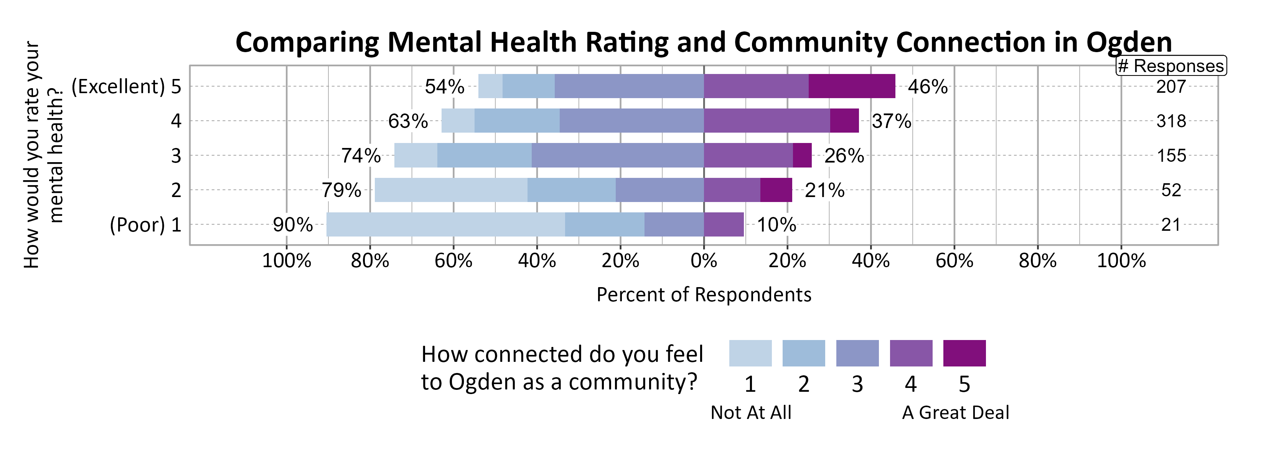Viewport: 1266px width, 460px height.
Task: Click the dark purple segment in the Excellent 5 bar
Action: pyautogui.click(x=851, y=86)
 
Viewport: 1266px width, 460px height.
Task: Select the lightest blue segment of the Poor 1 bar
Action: pyautogui.click(x=445, y=224)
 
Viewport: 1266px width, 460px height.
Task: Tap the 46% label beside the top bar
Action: pyautogui.click(x=927, y=87)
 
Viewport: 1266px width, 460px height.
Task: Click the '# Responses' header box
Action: pyautogui.click(x=1170, y=66)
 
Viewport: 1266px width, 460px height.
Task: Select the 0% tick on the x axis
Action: pyautogui.click(x=703, y=261)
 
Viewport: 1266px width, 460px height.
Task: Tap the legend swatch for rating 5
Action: pyautogui.click(x=964, y=353)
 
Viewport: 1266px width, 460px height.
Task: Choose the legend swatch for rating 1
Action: pyautogui.click(x=750, y=353)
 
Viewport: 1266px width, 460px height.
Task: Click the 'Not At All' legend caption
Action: pyautogui.click(x=750, y=412)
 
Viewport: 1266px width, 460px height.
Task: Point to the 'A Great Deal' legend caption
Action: pyautogui.click(x=955, y=412)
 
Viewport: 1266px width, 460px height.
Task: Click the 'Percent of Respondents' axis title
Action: pyautogui.click(x=703, y=294)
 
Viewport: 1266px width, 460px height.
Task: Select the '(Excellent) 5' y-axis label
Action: pyautogui.click(x=126, y=86)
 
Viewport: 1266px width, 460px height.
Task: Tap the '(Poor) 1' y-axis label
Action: pyautogui.click(x=145, y=225)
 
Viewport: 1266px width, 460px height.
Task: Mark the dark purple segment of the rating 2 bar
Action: pyautogui.click(x=776, y=190)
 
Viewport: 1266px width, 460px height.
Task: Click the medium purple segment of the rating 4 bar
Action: pyautogui.click(x=766, y=121)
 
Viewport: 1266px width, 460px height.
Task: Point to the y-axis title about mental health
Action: pyautogui.click(x=43, y=154)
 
